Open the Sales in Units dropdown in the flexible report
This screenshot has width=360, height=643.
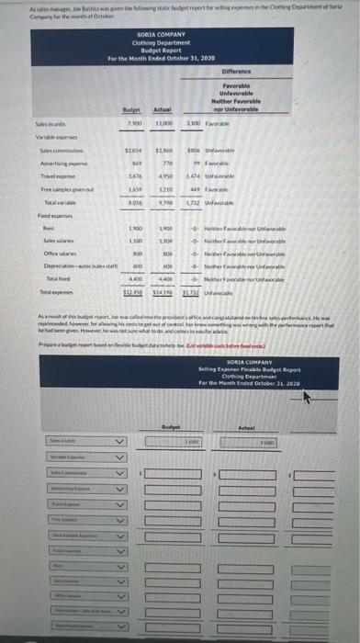click(117, 443)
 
